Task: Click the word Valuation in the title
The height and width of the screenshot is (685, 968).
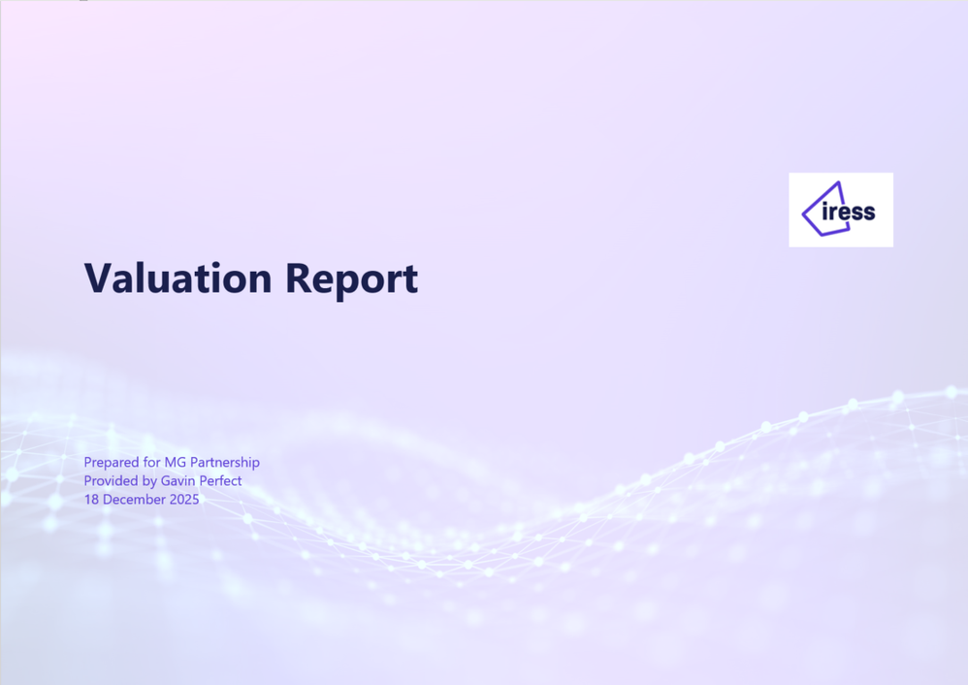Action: click(177, 277)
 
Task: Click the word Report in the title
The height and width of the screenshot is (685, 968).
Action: click(352, 280)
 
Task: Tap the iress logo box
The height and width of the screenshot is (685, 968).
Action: click(841, 210)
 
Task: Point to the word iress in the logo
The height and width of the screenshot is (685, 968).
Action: click(849, 212)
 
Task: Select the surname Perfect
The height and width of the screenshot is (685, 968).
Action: click(220, 480)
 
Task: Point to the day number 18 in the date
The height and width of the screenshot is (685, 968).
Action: click(91, 499)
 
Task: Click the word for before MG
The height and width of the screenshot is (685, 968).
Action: click(152, 462)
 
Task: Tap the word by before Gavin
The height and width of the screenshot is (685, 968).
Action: click(149, 481)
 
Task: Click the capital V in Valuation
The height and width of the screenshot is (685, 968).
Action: click(98, 277)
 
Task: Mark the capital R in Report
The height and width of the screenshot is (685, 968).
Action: click(298, 277)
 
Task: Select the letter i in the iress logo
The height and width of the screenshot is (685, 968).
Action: click(825, 212)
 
